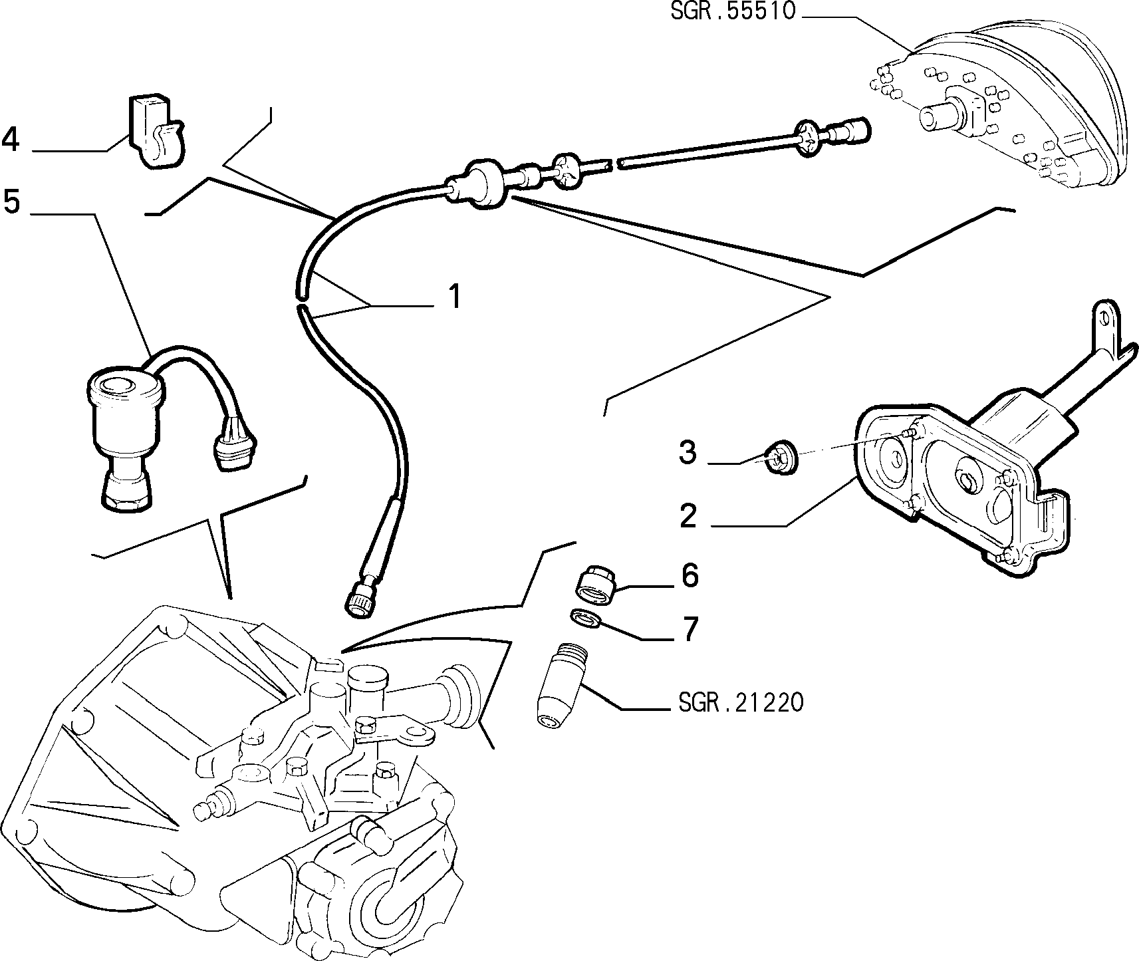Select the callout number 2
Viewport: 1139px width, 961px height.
tap(688, 516)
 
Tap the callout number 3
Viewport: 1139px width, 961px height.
tap(688, 454)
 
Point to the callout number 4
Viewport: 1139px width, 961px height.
tap(11, 140)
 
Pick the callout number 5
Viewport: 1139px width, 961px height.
tap(12, 201)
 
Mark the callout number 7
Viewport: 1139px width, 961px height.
tap(690, 628)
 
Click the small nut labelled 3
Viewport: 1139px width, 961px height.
tap(777, 458)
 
